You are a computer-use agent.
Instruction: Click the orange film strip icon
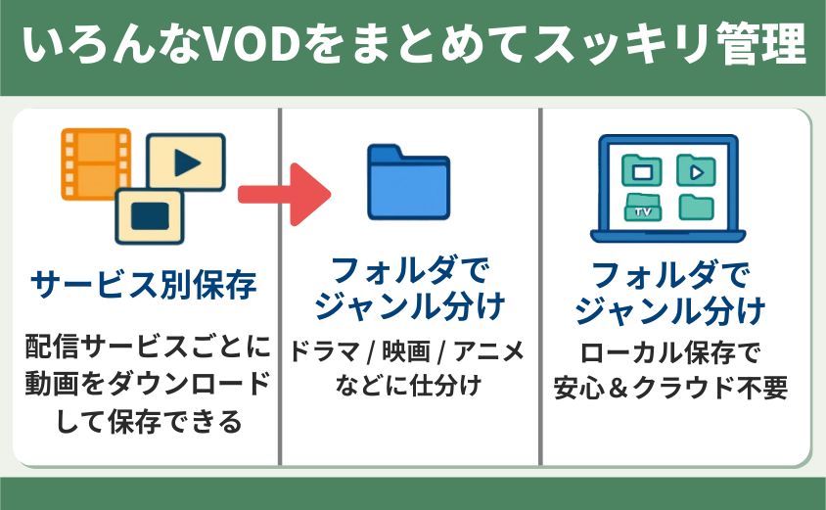coord(96,164)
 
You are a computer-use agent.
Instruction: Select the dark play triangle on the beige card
coord(187,162)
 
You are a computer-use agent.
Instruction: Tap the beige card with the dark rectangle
coord(150,216)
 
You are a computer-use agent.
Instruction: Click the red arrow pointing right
coord(285,195)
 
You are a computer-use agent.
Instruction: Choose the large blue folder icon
coord(408,182)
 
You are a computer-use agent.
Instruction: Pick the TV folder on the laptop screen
coord(643,208)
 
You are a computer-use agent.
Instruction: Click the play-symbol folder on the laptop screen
coord(696,170)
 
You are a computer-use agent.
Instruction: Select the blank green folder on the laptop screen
coord(696,208)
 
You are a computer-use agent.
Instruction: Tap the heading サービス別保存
coord(144,285)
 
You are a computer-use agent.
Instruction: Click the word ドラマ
coord(325,351)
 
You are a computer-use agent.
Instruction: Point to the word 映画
coord(406,351)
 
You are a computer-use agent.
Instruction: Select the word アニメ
coord(489,351)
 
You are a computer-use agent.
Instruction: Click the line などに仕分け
coord(408,385)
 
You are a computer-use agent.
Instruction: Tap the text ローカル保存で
coord(670,353)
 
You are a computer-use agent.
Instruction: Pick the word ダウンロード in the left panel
coord(189,384)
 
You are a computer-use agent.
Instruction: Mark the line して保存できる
coord(149,422)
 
